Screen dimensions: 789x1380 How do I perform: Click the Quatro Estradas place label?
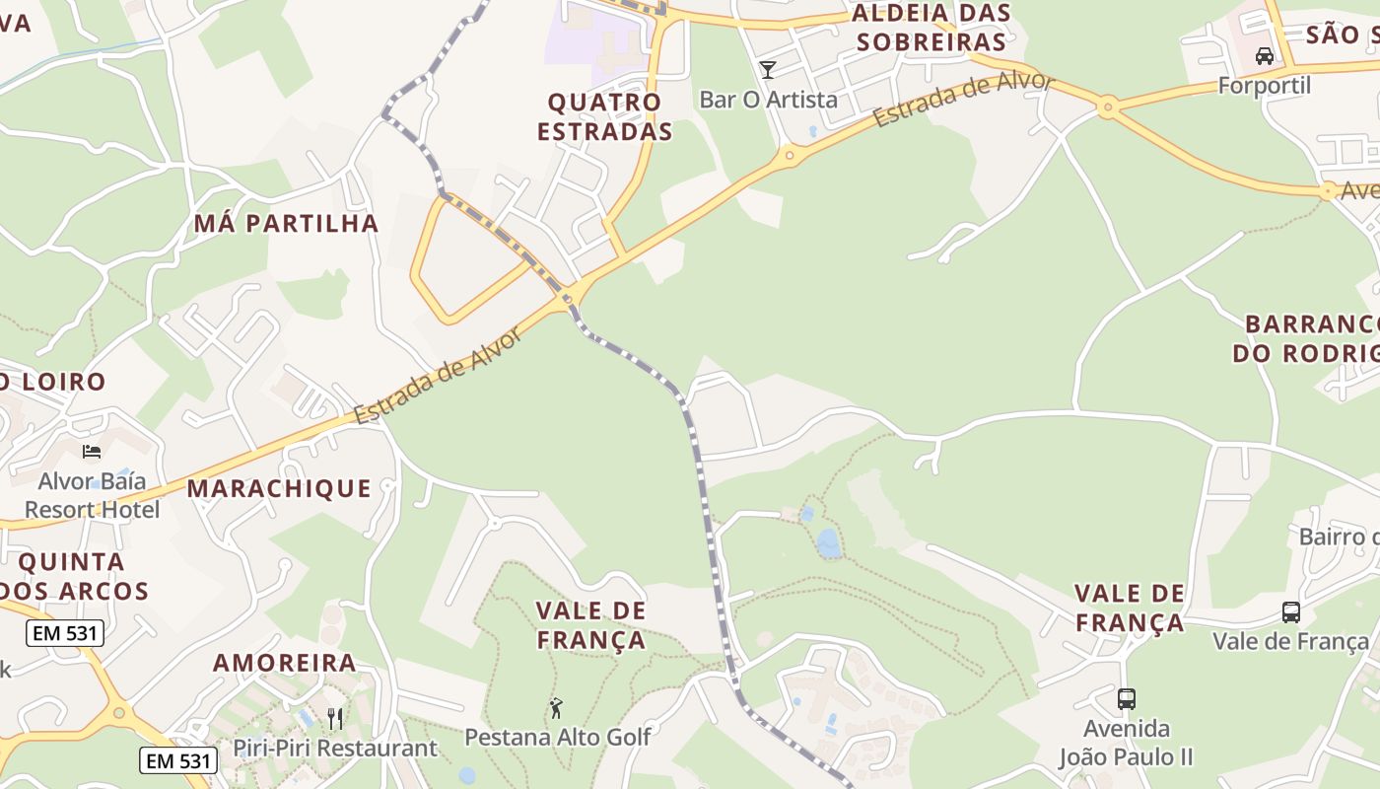605,116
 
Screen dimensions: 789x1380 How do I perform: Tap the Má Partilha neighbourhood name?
286,223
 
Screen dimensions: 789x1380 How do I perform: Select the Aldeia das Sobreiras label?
931,28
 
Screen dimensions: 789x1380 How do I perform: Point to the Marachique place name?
279,488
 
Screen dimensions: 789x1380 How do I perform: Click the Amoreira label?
285,662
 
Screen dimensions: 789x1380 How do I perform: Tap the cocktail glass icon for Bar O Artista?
768,69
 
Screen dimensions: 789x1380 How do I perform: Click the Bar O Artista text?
768,100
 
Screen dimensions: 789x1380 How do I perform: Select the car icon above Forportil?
1265,55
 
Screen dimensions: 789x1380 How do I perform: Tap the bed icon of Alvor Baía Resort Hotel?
92,452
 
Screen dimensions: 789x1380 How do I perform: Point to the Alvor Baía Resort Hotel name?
92,495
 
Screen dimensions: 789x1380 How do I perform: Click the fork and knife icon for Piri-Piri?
335,718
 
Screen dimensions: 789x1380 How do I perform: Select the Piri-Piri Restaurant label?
335,749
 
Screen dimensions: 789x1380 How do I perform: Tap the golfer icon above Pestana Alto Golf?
557,707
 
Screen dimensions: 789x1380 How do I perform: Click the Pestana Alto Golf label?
557,737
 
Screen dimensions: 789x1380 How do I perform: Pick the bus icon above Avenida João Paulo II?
1126,699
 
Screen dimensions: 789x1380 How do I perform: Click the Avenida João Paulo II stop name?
1126,743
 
